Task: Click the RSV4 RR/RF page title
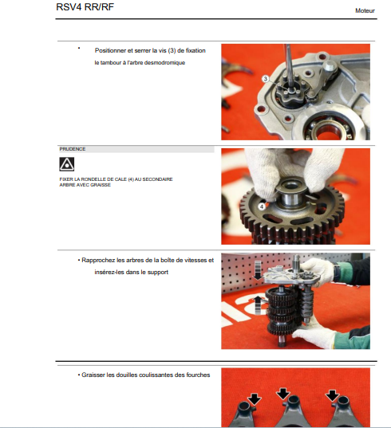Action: [x=85, y=7]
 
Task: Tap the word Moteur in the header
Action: [x=365, y=10]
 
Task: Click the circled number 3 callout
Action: [x=265, y=79]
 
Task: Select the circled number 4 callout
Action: [x=262, y=206]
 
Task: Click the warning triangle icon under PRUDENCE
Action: [x=67, y=164]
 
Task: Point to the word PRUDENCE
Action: [x=73, y=149]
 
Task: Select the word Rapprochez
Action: [x=98, y=261]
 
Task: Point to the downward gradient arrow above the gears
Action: [x=258, y=270]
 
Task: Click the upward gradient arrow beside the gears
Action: [x=258, y=304]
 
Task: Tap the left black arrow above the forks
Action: [x=255, y=399]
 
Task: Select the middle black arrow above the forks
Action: [x=283, y=395]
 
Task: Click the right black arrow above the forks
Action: [x=332, y=396]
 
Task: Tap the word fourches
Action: [x=198, y=375]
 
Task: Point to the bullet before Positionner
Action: [x=79, y=49]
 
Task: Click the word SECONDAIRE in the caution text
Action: [x=157, y=179]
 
